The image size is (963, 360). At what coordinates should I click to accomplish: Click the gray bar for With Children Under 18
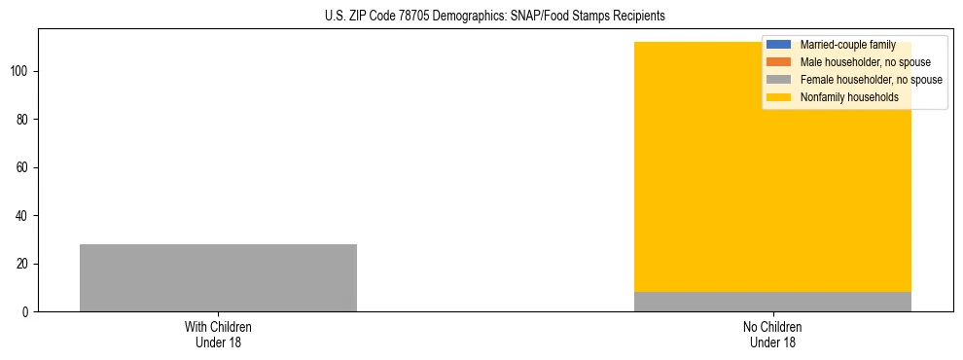point(218,277)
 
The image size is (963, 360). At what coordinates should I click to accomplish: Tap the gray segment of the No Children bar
point(772,302)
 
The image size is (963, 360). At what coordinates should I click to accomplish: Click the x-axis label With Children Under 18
point(218,334)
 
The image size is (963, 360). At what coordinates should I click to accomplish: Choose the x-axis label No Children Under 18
point(772,334)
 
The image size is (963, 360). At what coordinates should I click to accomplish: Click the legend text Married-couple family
point(847,45)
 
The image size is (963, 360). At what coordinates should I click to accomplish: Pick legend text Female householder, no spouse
point(871,80)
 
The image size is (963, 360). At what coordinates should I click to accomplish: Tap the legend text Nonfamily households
point(848,97)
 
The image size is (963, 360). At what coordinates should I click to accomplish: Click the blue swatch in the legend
point(779,45)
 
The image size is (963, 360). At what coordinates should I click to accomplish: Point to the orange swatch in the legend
point(779,62)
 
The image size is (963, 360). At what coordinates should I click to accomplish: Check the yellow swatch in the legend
point(779,97)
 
